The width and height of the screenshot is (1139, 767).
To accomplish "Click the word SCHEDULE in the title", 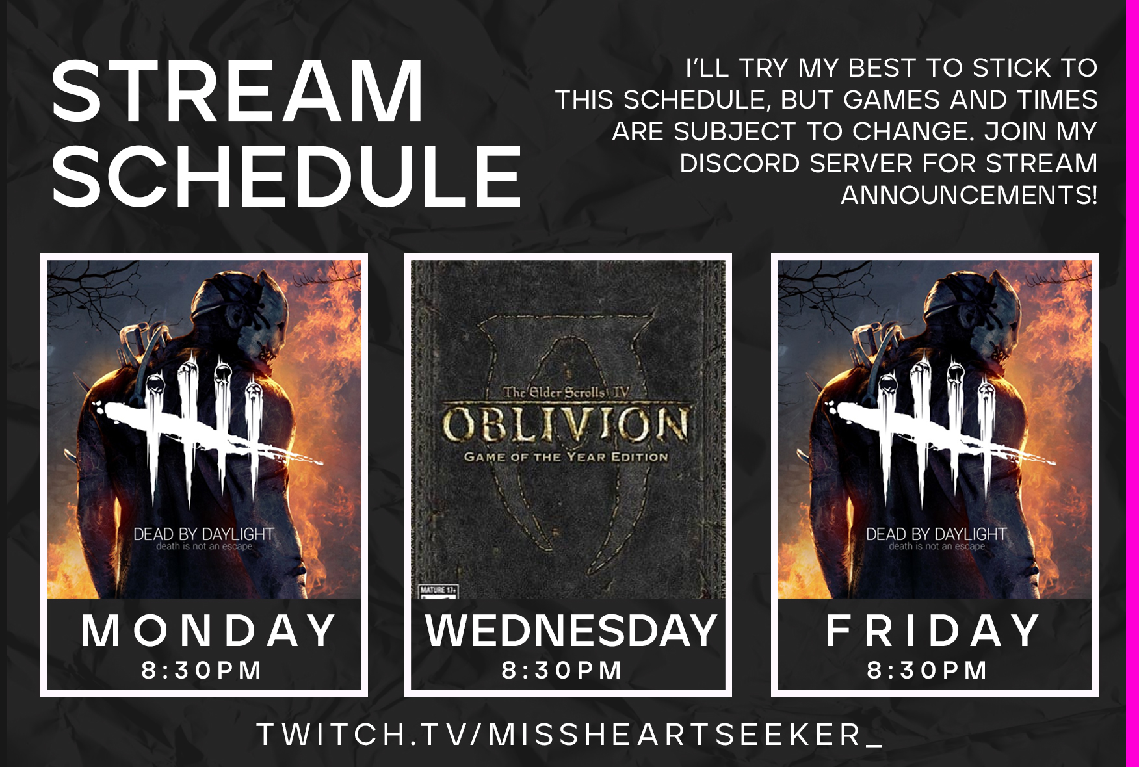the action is pyautogui.click(x=287, y=176).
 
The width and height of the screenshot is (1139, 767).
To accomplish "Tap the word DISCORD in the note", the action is pyautogui.click(x=739, y=163).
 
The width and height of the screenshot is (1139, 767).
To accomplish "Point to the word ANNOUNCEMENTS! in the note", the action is pyautogui.click(x=969, y=195).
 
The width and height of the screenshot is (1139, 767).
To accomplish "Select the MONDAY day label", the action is pyautogui.click(x=208, y=630).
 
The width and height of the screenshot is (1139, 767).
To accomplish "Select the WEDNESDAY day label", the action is pyautogui.click(x=571, y=630).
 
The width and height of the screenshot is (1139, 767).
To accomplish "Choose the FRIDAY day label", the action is pyautogui.click(x=933, y=630).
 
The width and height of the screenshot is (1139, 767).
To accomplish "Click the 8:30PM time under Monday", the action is pyautogui.click(x=202, y=670).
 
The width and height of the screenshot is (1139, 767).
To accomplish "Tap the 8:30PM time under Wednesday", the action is pyautogui.click(x=562, y=670).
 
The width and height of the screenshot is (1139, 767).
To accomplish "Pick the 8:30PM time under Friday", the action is pyautogui.click(x=927, y=670).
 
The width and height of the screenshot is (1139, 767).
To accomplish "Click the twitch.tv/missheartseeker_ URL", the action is pyautogui.click(x=570, y=734).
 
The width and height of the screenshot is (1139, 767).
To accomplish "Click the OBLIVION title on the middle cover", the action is pyautogui.click(x=566, y=424).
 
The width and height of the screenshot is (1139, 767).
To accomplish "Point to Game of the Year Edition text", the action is pyautogui.click(x=566, y=457).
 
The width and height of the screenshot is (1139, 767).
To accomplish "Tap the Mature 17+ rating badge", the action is pyautogui.click(x=438, y=591).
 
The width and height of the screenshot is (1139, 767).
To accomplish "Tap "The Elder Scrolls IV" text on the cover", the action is pyautogui.click(x=566, y=392).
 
